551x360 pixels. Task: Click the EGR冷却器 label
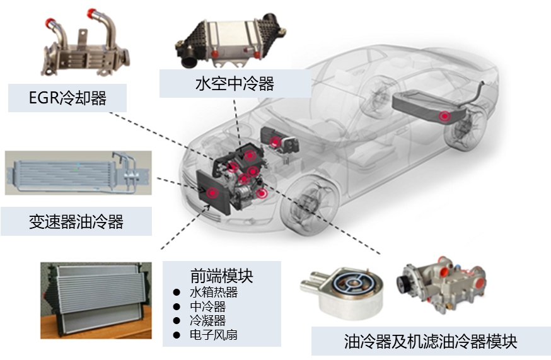[x=67, y=98]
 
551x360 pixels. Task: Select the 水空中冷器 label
[x=235, y=84]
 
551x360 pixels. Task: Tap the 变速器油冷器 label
[x=76, y=222]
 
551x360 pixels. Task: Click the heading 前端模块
[x=222, y=276]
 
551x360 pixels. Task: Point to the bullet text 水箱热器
[x=214, y=292]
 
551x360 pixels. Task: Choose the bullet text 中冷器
[x=207, y=306]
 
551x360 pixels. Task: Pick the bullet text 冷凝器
[x=207, y=321]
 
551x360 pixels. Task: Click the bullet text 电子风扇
[x=214, y=335]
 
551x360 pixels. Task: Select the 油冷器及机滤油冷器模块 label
[x=431, y=342]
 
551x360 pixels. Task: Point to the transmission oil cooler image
[x=78, y=173]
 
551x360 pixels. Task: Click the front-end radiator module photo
[x=96, y=300]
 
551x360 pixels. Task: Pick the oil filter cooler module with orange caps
[x=442, y=286]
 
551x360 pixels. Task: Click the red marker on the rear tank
[x=445, y=116]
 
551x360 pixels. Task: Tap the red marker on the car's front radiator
[x=212, y=193]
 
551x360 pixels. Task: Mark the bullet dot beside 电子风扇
[x=177, y=335]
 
